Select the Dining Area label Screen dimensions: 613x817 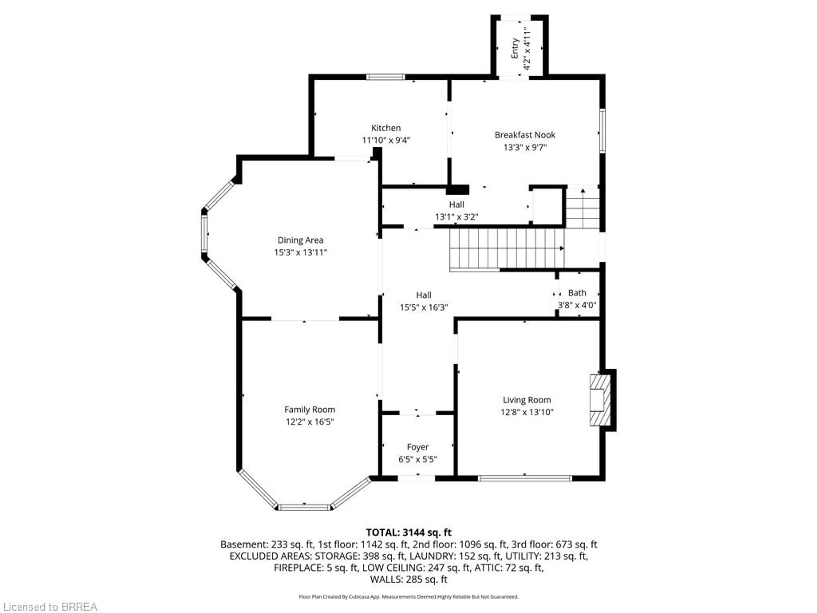[300, 240]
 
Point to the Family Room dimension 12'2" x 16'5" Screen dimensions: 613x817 [310, 422]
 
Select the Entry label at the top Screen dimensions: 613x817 [515, 48]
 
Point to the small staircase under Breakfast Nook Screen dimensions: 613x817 [583, 209]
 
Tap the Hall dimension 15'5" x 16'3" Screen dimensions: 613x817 [424, 307]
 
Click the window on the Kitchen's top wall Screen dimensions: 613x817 [386, 77]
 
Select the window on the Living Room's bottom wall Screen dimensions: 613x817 [525, 478]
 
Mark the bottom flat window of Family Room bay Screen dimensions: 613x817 [305, 508]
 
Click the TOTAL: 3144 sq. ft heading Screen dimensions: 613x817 [408, 533]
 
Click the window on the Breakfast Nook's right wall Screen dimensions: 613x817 [602, 130]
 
